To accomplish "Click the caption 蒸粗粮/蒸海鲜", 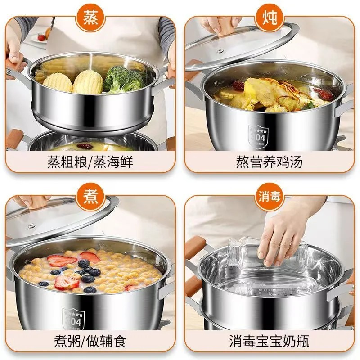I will coord(90,162).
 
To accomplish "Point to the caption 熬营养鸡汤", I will coord(270,162).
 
